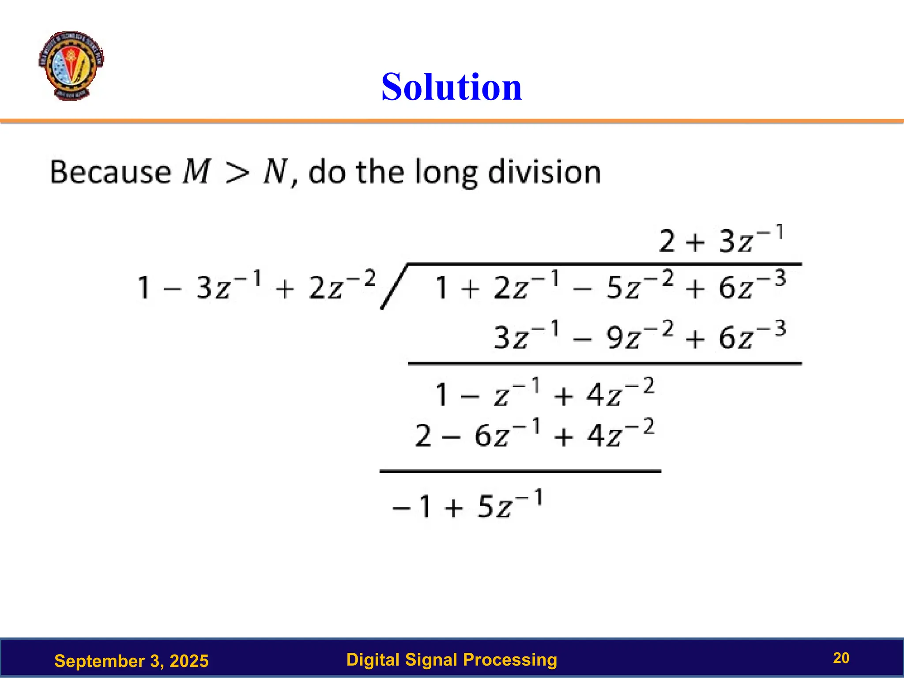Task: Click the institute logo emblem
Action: [71, 65]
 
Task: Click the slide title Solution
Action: [452, 87]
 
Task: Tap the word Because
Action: [110, 172]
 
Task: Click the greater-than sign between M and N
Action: [237, 173]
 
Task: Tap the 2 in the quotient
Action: [667, 241]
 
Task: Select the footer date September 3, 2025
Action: [131, 661]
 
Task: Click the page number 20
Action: [841, 658]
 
